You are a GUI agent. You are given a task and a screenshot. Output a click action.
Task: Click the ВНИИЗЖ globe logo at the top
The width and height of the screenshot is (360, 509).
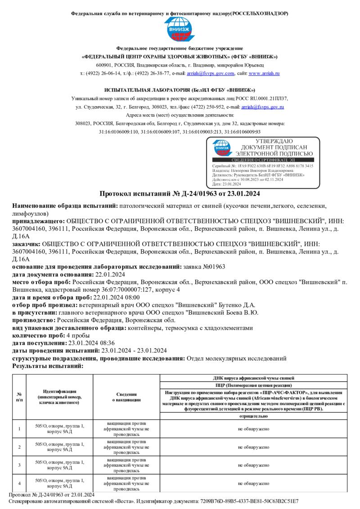click(x=180, y=30)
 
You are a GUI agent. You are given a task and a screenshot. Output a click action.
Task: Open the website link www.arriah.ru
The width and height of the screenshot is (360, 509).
click(x=264, y=73)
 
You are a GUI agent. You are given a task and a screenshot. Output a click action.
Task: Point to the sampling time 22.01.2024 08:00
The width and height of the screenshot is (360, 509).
click(x=116, y=297)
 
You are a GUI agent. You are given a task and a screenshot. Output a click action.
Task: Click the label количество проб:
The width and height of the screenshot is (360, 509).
click(x=38, y=335)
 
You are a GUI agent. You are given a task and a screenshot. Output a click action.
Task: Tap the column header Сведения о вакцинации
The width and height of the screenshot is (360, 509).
click(x=126, y=397)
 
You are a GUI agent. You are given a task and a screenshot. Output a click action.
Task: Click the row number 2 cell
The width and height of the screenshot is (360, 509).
click(x=19, y=447)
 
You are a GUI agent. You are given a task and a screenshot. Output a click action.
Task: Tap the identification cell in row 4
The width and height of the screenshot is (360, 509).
click(x=59, y=483)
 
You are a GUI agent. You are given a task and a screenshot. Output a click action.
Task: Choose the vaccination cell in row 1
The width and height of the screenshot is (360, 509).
click(x=126, y=429)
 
